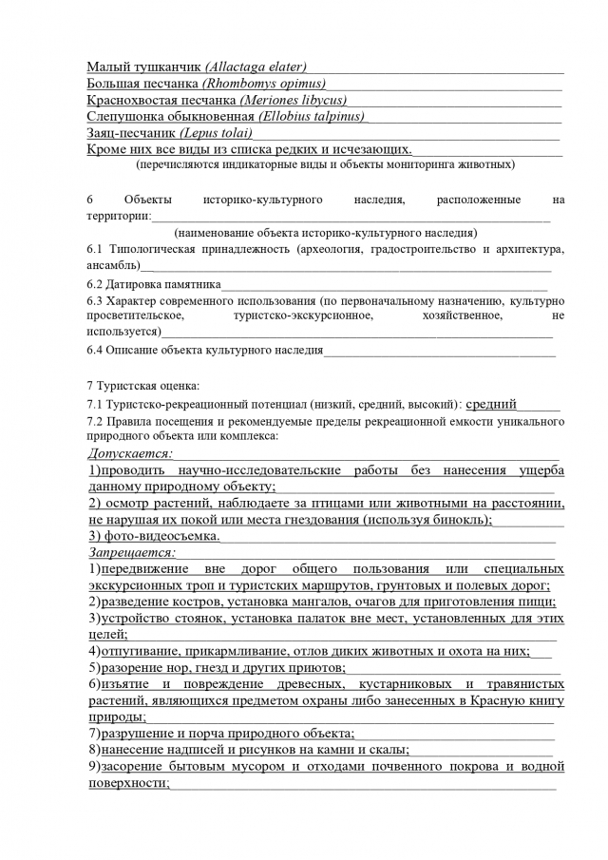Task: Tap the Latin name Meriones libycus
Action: (293, 100)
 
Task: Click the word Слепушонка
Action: (125, 116)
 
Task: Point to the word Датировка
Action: (135, 284)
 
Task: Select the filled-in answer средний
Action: (491, 404)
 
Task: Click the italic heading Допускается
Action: (130, 453)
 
